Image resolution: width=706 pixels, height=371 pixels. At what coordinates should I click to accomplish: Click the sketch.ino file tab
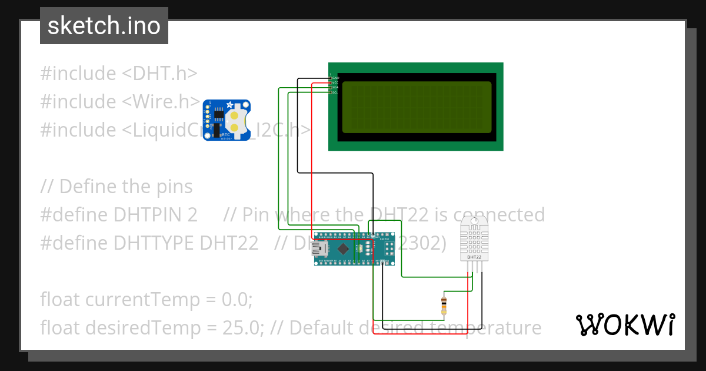point(104,26)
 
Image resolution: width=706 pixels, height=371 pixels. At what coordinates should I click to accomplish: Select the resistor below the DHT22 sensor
point(444,305)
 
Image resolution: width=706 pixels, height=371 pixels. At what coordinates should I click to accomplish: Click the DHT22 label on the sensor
point(474,257)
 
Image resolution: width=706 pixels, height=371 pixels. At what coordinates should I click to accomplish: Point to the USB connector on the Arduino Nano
point(320,249)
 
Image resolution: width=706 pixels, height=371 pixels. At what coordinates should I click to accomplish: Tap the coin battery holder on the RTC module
point(235,120)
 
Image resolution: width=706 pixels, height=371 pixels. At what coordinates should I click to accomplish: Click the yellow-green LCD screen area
point(416,107)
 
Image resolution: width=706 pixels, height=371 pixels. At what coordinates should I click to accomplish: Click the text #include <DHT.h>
point(118,74)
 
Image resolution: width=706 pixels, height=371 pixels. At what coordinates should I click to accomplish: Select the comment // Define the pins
point(116,187)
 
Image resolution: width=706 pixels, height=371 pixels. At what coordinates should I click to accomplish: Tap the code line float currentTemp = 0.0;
point(146,299)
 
